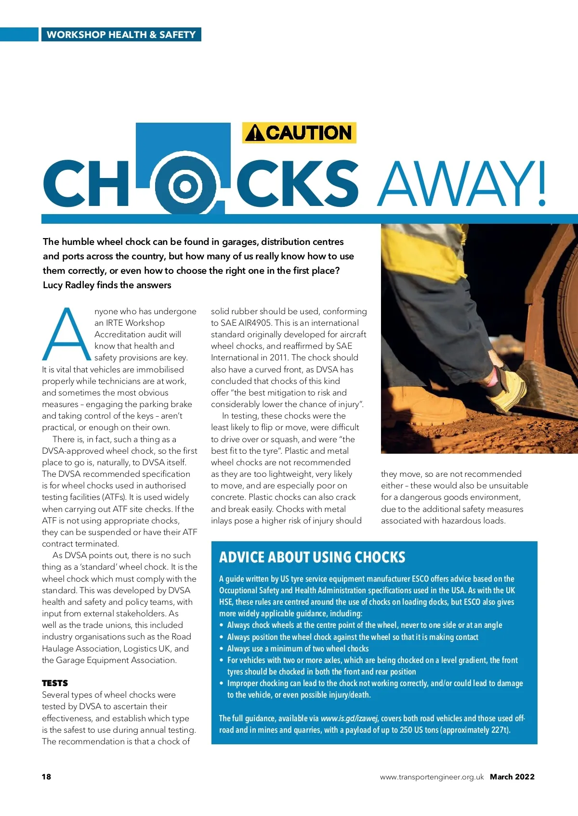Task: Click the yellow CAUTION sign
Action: tap(299, 133)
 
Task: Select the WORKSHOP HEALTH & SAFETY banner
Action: tap(121, 35)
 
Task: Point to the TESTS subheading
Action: tap(55, 683)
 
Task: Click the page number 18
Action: tap(46, 777)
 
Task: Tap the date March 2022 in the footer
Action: tap(512, 777)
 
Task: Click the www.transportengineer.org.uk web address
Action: tap(432, 777)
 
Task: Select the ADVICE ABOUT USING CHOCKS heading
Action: tap(312, 557)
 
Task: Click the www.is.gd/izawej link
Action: tap(349, 718)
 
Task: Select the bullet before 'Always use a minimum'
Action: tap(222, 649)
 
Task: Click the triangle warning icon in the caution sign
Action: tap(254, 133)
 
